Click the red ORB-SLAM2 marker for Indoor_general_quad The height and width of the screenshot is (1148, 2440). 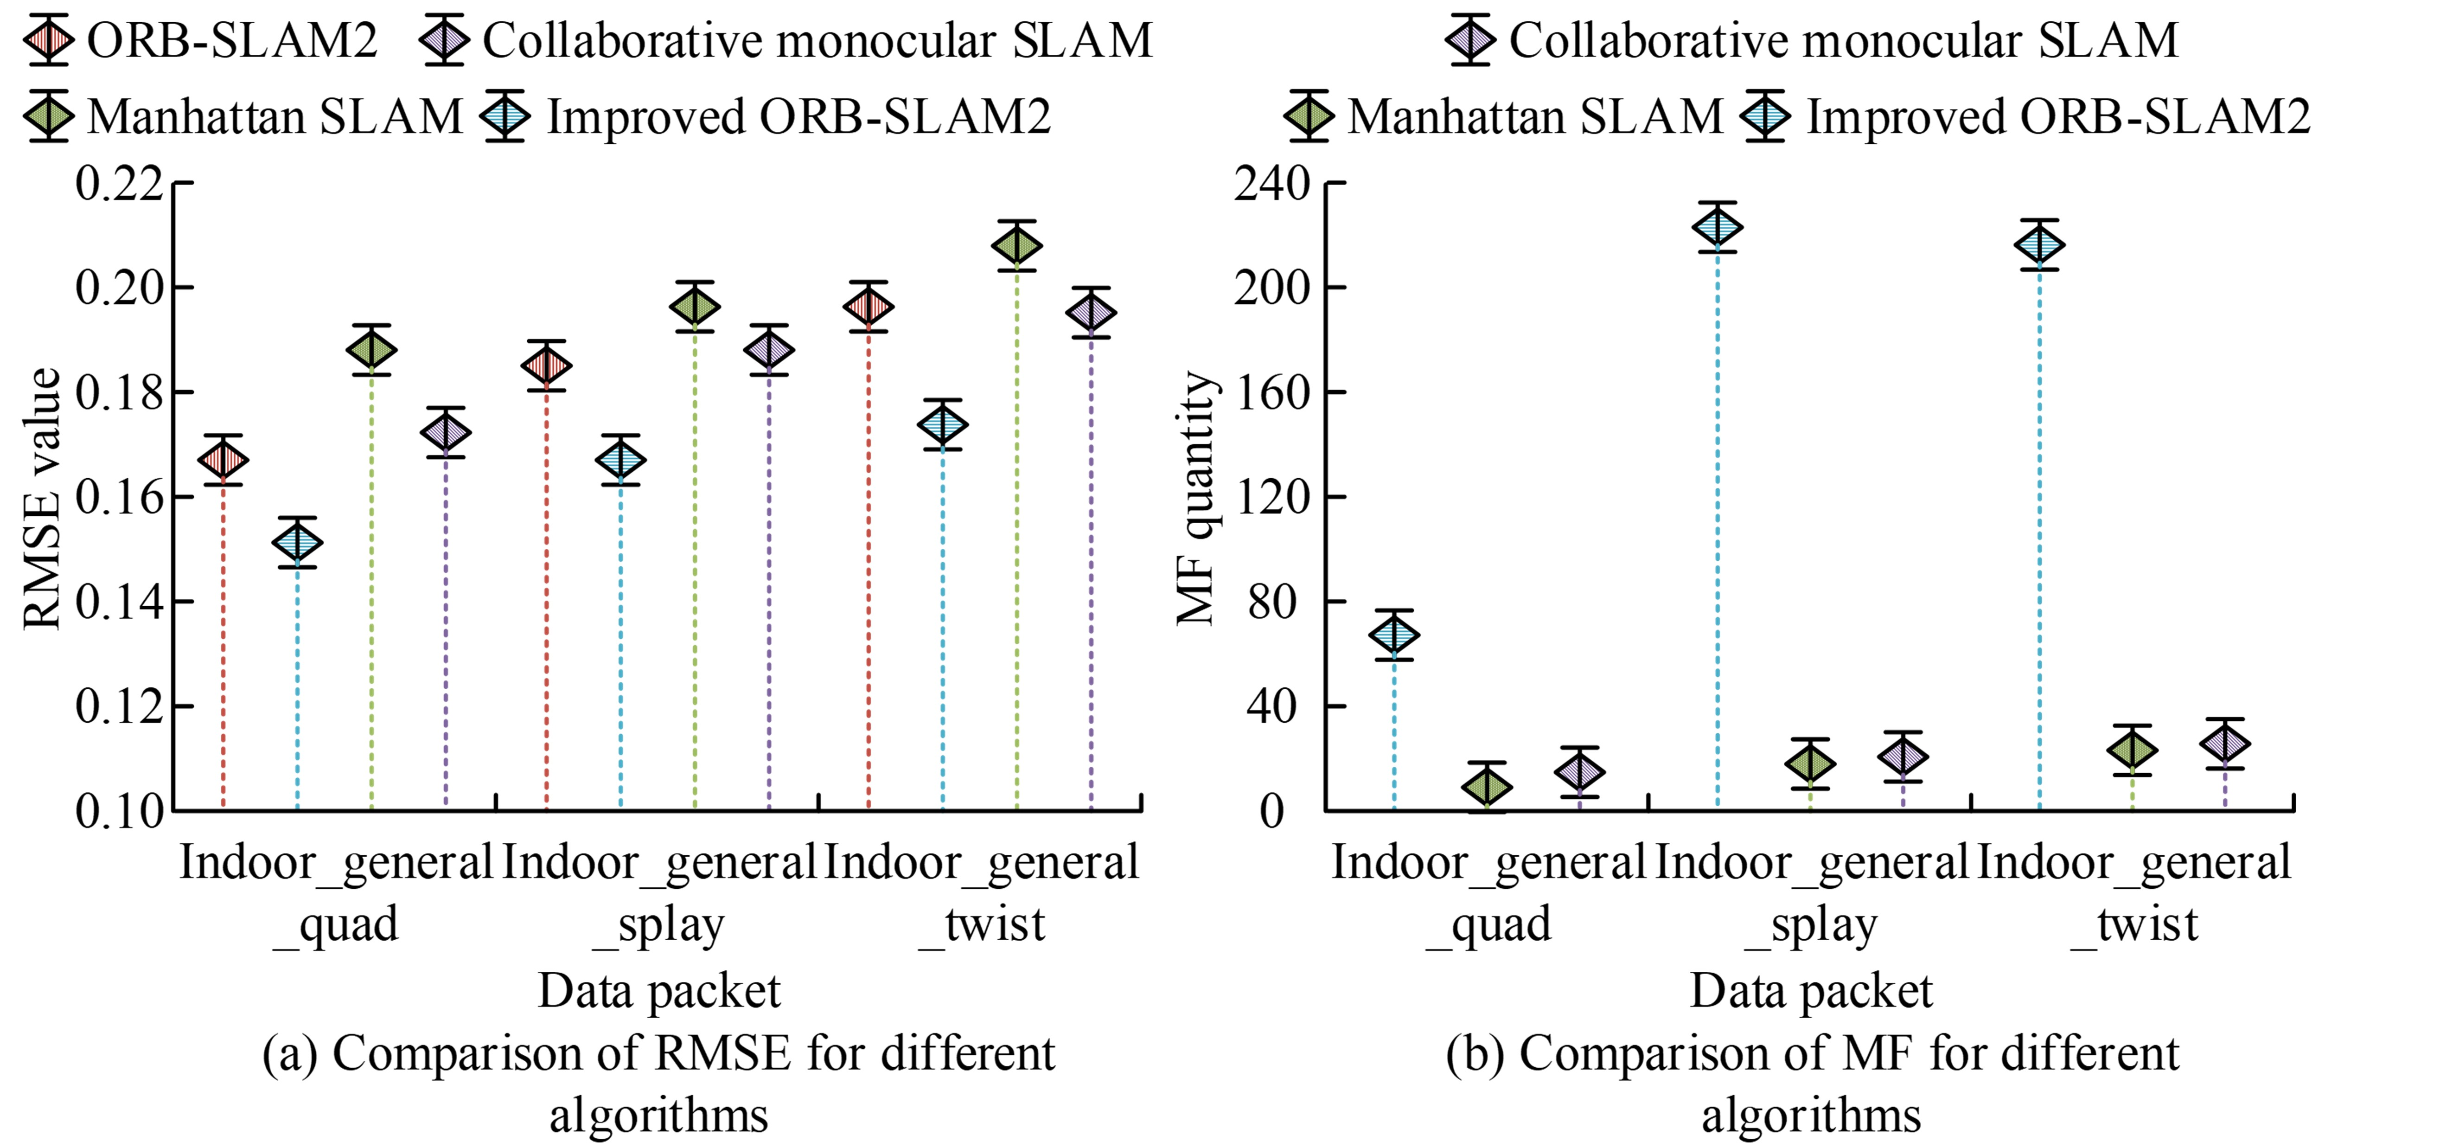224,460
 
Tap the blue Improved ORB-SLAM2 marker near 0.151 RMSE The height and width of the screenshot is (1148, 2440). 297,543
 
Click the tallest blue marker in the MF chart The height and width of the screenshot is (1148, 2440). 1717,227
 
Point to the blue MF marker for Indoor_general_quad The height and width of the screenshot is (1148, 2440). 1394,635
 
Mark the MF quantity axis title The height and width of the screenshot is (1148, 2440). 1195,498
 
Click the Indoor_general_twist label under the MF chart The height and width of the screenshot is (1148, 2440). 2134,892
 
